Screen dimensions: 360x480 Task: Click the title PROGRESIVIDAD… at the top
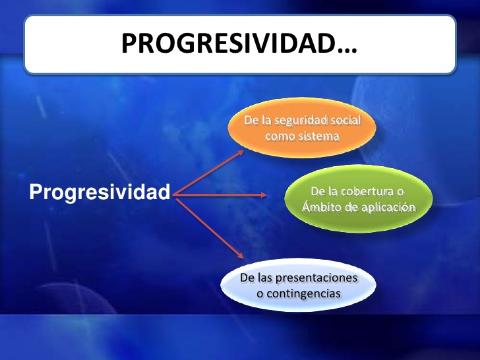click(x=239, y=44)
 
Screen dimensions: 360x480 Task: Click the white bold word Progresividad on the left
click(x=100, y=193)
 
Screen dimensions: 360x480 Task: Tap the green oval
click(x=358, y=198)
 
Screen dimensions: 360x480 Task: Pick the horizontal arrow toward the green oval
click(x=221, y=195)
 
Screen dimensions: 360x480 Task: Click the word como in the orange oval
click(x=279, y=136)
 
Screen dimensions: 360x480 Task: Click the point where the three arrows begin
click(x=173, y=195)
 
